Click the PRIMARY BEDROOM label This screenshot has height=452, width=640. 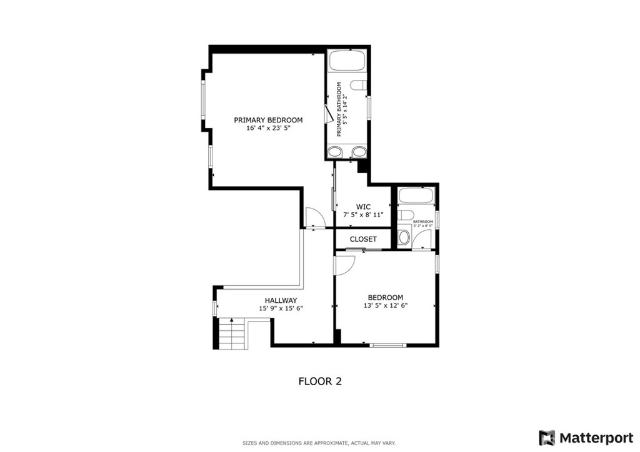pyautogui.click(x=268, y=120)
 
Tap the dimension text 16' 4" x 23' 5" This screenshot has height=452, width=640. pyautogui.click(x=268, y=129)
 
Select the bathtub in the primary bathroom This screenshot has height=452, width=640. pyautogui.click(x=347, y=61)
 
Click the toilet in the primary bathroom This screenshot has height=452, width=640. pyautogui.click(x=358, y=86)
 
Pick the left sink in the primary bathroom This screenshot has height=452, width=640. pyautogui.click(x=336, y=152)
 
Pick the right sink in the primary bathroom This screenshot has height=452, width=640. pyautogui.click(x=358, y=152)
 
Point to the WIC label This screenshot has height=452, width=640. pyautogui.click(x=363, y=206)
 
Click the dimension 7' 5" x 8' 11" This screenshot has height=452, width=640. pyautogui.click(x=363, y=215)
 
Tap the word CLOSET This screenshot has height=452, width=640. pyautogui.click(x=363, y=239)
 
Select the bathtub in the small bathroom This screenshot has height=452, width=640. pyautogui.click(x=415, y=195)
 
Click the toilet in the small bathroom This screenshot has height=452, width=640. pyautogui.click(x=406, y=215)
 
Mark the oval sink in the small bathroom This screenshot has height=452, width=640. pyautogui.click(x=404, y=237)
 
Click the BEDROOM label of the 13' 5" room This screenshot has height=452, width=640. pyautogui.click(x=385, y=298)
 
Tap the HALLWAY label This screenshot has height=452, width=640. pyautogui.click(x=281, y=300)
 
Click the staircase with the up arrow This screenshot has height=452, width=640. pyautogui.click(x=232, y=334)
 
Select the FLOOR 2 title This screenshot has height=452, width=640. pyautogui.click(x=319, y=381)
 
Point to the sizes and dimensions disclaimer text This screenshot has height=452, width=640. pyautogui.click(x=319, y=443)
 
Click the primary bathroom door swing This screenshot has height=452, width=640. pyautogui.click(x=329, y=115)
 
